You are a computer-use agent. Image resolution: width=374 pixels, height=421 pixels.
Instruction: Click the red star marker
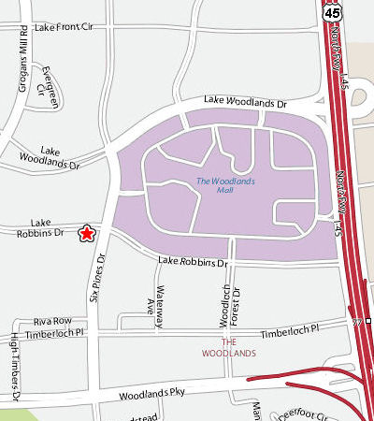(87, 233)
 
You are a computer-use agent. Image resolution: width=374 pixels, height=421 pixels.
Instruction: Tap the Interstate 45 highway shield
(334, 12)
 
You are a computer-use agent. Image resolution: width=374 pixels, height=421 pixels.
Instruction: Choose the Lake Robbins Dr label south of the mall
(193, 262)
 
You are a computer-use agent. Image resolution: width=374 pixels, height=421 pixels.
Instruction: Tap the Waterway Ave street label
(155, 299)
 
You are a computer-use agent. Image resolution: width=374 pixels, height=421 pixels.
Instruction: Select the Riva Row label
(52, 320)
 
